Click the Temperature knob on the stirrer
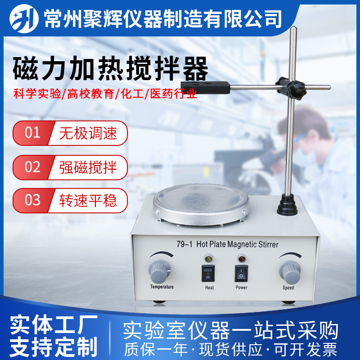pos(160,271)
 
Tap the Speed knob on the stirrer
pos(290,272)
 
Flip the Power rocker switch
pos(241,274)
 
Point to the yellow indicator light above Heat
pos(208,258)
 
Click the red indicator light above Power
pos(242,258)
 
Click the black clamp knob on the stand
pos(291,88)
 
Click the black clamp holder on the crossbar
pos(205,87)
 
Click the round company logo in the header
pos(24,19)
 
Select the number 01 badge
pos(32,133)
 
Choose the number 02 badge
pos(32,167)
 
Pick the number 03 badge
pos(32,200)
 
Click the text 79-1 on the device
pos(184,244)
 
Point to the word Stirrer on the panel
pos(268,244)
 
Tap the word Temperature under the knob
pos(162,287)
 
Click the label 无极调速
pos(88,133)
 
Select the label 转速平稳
pos(88,200)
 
